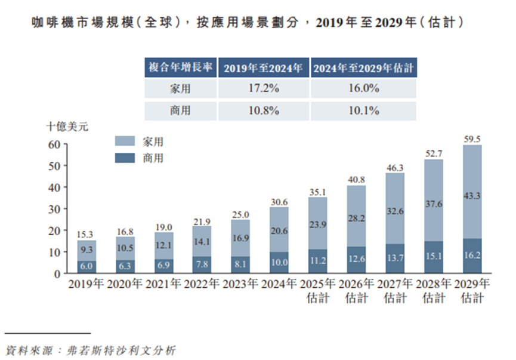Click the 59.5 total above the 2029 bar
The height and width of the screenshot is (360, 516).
(x=472, y=139)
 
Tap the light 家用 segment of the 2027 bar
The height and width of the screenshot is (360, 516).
(x=395, y=209)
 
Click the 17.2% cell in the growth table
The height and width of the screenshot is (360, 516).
(x=264, y=88)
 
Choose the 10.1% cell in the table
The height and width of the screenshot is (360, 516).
(x=363, y=110)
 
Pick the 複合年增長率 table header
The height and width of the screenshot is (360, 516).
(x=180, y=67)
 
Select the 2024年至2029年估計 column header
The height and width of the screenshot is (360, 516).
(x=363, y=67)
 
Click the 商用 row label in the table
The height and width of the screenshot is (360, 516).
(x=180, y=110)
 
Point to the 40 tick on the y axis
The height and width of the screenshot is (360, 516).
(x=54, y=187)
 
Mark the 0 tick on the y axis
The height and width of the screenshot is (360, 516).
(x=57, y=273)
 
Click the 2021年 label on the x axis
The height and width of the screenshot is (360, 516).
(x=164, y=283)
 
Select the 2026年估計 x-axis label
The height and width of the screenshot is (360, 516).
(x=356, y=290)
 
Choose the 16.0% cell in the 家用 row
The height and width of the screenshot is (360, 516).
(x=363, y=88)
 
